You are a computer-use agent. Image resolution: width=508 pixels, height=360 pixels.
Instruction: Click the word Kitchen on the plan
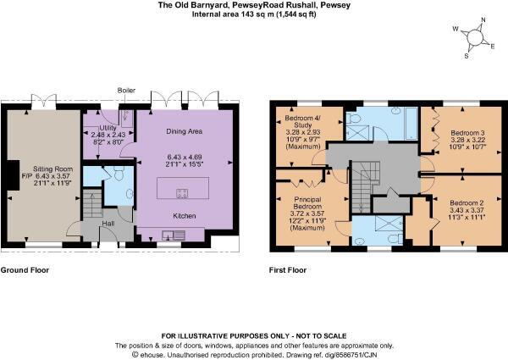tap(185, 216)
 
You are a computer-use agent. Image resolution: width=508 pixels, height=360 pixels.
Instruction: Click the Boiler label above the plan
tap(127, 90)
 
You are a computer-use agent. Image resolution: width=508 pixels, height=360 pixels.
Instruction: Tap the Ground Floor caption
tap(25, 271)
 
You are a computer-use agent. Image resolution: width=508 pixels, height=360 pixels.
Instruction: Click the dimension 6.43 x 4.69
tap(185, 158)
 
